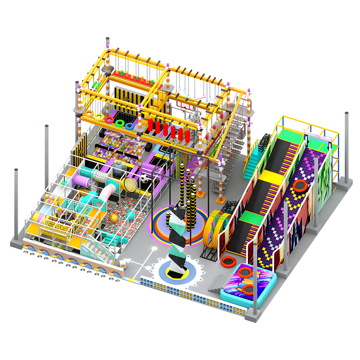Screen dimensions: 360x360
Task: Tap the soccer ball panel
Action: pos(143,179)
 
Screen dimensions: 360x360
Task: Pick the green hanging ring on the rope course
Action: pos(120,122)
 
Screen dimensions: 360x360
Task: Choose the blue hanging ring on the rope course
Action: pos(130,126)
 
